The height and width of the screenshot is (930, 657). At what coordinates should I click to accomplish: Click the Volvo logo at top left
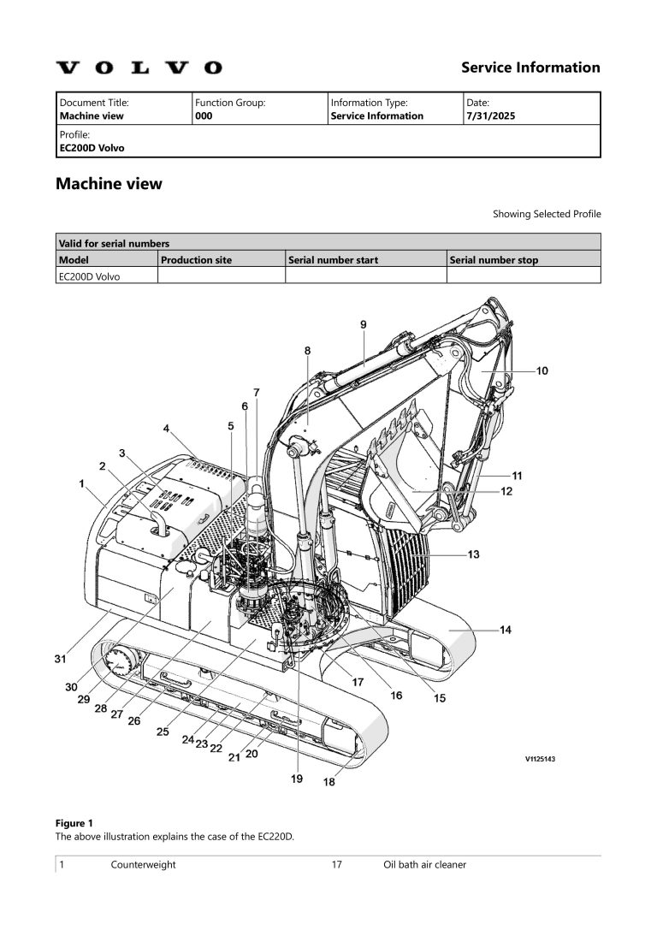(x=139, y=68)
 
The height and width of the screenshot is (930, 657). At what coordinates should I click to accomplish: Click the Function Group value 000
(x=204, y=116)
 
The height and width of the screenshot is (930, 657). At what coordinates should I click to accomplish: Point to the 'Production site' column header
(x=196, y=260)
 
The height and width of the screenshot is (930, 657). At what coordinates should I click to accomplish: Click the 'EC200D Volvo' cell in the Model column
(x=88, y=275)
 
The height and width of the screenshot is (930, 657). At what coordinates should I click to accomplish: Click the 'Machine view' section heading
(x=109, y=184)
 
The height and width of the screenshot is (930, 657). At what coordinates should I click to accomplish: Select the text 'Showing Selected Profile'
(x=546, y=214)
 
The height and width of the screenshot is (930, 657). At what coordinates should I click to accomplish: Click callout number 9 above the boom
(x=363, y=324)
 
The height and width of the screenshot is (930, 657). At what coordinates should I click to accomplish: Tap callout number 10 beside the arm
(x=542, y=370)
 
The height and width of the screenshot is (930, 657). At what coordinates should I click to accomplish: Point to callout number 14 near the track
(x=505, y=631)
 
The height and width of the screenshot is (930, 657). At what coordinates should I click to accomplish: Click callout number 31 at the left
(x=60, y=659)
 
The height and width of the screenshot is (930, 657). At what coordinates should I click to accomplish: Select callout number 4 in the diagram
(x=167, y=428)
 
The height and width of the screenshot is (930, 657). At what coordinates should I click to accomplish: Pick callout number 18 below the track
(x=328, y=781)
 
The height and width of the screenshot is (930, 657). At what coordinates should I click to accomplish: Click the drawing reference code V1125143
(x=540, y=758)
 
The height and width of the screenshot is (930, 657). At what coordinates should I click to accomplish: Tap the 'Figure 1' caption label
(x=74, y=823)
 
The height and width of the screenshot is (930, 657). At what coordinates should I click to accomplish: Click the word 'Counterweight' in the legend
(x=143, y=865)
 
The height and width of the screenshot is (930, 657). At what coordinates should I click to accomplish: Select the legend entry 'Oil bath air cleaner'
(x=424, y=865)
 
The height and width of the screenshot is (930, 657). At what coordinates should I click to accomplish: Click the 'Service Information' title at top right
(x=530, y=68)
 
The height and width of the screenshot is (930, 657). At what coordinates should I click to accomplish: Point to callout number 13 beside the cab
(x=472, y=554)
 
